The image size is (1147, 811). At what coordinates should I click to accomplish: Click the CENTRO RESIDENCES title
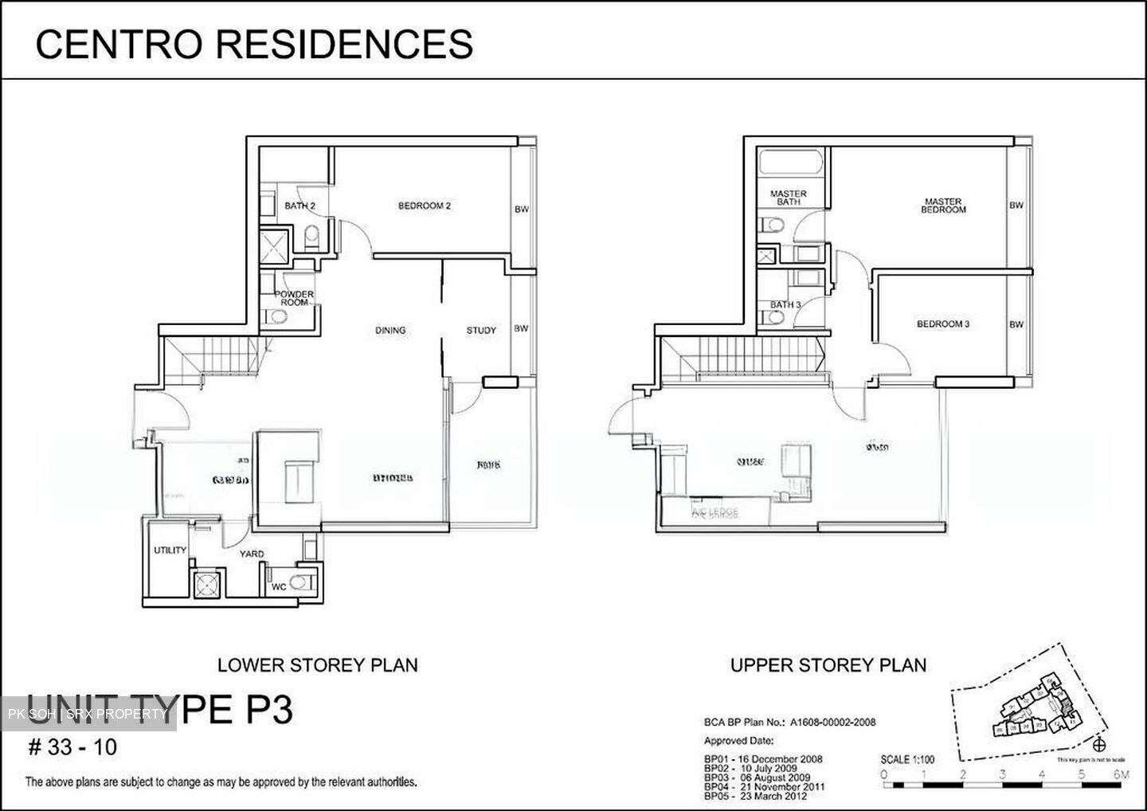pyautogui.click(x=254, y=44)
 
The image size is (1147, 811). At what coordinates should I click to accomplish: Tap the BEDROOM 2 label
pyautogui.click(x=425, y=206)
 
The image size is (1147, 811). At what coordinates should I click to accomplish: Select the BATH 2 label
pyautogui.click(x=299, y=206)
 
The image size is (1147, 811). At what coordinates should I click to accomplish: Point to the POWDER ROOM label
pyautogui.click(x=294, y=298)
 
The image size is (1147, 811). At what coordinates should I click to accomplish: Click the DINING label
pyautogui.click(x=390, y=330)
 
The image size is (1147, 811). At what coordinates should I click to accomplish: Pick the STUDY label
pyautogui.click(x=481, y=330)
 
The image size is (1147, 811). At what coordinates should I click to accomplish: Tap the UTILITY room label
pyautogui.click(x=170, y=550)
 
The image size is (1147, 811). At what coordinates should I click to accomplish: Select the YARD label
pyautogui.click(x=252, y=554)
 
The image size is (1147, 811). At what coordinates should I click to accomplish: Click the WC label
pyautogui.click(x=279, y=586)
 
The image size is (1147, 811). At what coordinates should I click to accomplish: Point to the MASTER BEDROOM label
pyautogui.click(x=943, y=206)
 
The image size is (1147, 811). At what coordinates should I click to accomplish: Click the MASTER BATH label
pyautogui.click(x=788, y=198)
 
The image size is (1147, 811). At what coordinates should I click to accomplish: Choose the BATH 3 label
pyautogui.click(x=785, y=305)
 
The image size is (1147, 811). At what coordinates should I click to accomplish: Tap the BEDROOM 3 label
pyautogui.click(x=942, y=324)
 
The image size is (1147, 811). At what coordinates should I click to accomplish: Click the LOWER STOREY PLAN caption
pyautogui.click(x=317, y=664)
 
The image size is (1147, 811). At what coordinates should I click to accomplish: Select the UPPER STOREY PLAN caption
pyautogui.click(x=828, y=664)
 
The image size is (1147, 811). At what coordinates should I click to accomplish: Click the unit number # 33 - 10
pyautogui.click(x=72, y=747)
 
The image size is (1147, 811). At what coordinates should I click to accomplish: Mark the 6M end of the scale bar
pyautogui.click(x=1122, y=774)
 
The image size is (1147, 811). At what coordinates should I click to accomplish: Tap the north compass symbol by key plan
pyautogui.click(x=1100, y=746)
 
